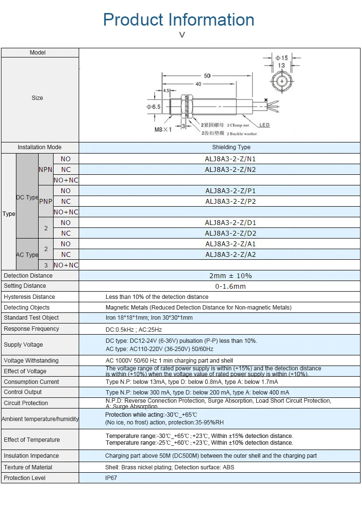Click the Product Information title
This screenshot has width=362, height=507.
pos(179,20)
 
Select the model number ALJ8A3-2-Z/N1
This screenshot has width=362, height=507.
pos(230,159)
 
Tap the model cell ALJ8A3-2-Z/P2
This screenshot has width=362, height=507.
pos(230,201)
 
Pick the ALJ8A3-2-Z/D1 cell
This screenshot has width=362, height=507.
pos(230,223)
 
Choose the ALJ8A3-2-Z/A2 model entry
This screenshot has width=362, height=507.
pos(230,254)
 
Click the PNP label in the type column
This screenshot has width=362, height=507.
pos(45,201)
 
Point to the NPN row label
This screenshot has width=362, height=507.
pos(45,169)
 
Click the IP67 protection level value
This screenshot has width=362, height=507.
pos(111,478)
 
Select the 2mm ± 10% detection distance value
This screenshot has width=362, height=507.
pos(230,276)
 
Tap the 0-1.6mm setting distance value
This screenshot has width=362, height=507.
pos(230,286)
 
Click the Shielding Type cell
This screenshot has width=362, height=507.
pos(231,147)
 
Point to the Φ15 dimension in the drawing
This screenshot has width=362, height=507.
pos(281,58)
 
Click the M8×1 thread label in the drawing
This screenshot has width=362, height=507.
pos(163,129)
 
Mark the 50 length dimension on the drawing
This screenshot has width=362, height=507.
pos(207,76)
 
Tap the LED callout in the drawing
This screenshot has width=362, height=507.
pos(265,125)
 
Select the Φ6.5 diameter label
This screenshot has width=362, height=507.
pos(153,107)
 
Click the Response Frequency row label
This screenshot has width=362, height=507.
pos(31,329)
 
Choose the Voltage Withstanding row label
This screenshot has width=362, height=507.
pos(31,361)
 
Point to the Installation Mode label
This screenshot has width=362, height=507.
pos(40,147)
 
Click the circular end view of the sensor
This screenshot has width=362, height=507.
pos(282,82)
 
